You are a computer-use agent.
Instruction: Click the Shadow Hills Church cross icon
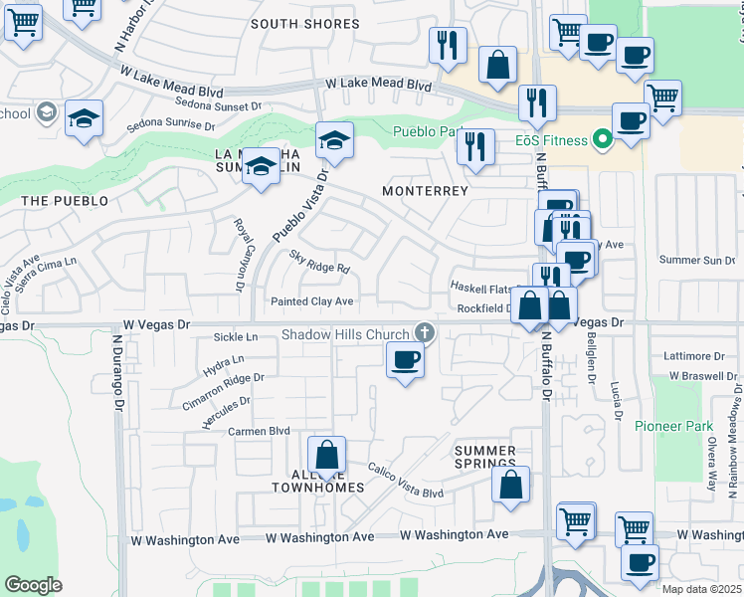tap(425, 332)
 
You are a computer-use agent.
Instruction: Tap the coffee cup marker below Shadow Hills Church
tap(404, 360)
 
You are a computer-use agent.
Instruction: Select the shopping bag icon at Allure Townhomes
tap(326, 456)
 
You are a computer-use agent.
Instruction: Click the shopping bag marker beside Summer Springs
tap(510, 485)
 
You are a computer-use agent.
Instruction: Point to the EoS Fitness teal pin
tap(601, 140)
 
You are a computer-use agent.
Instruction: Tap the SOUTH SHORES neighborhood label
tap(304, 24)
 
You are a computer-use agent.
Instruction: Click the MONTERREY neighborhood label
tap(425, 190)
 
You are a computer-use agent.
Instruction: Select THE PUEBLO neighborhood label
tap(65, 201)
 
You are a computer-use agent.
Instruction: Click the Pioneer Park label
tap(674, 426)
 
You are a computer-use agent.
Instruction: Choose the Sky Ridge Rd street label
tap(319, 262)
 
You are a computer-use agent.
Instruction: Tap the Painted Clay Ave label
tap(312, 301)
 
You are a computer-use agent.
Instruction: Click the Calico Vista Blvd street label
tap(405, 480)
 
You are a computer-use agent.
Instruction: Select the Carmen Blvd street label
tap(259, 431)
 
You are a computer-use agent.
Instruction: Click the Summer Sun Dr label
tap(697, 260)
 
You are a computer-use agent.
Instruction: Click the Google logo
tap(33, 584)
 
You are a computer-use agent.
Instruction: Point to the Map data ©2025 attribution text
tap(701, 589)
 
